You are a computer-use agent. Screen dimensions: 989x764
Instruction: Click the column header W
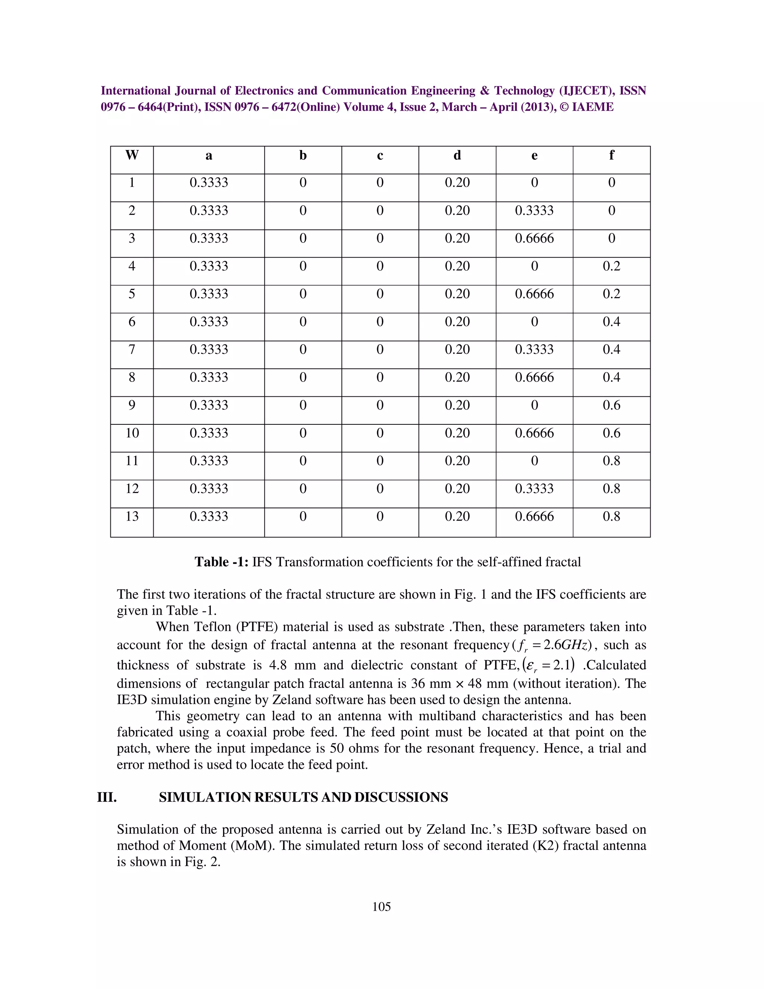[x=132, y=155]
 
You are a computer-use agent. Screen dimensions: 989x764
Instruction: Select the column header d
[x=457, y=155]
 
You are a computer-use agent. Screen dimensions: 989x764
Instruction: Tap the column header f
[x=611, y=155]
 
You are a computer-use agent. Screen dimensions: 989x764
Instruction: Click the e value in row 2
[x=534, y=210]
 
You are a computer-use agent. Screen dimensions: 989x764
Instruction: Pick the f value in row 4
[x=611, y=266]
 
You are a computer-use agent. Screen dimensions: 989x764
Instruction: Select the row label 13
[x=132, y=517]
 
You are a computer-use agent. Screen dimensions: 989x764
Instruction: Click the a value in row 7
[x=209, y=350]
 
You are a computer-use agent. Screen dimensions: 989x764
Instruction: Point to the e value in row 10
[x=534, y=433]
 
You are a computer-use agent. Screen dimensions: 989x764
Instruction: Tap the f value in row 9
[x=611, y=405]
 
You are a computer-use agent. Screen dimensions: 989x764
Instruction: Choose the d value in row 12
[x=457, y=489]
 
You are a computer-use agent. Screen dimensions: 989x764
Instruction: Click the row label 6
[x=132, y=322]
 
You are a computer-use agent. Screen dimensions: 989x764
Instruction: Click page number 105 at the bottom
[x=381, y=907]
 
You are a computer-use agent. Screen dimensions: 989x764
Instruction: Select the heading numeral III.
[x=107, y=797]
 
